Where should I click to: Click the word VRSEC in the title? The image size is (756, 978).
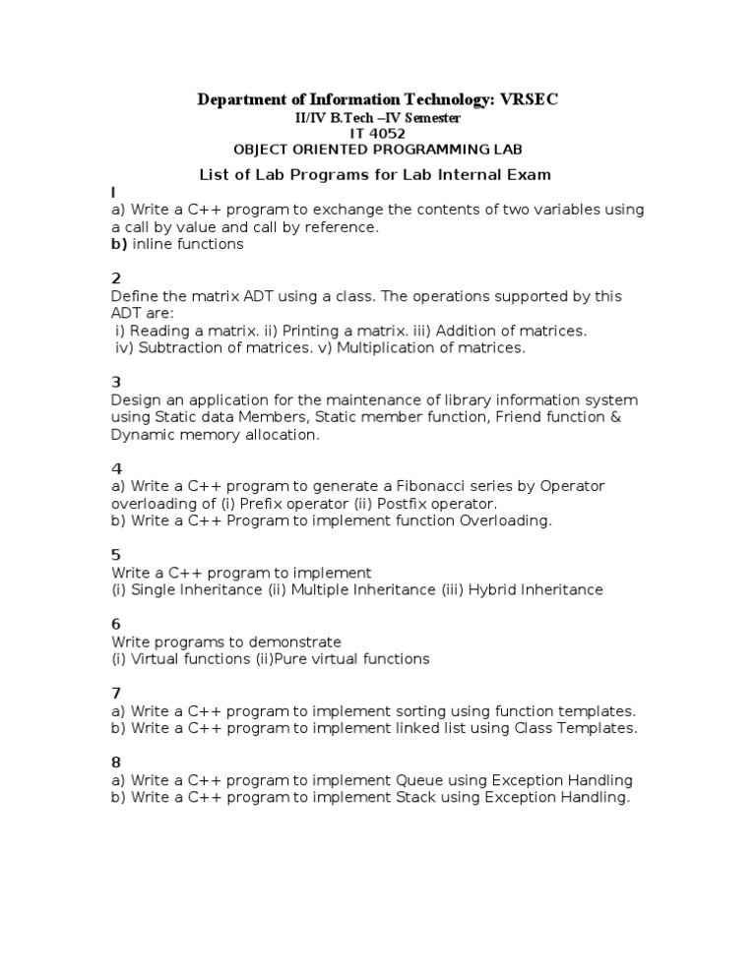point(530,99)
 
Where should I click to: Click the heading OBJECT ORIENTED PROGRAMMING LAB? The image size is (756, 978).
point(378,150)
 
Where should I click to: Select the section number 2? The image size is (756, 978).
point(116,278)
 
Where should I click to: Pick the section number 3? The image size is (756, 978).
point(116,382)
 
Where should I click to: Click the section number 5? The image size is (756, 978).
point(116,555)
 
